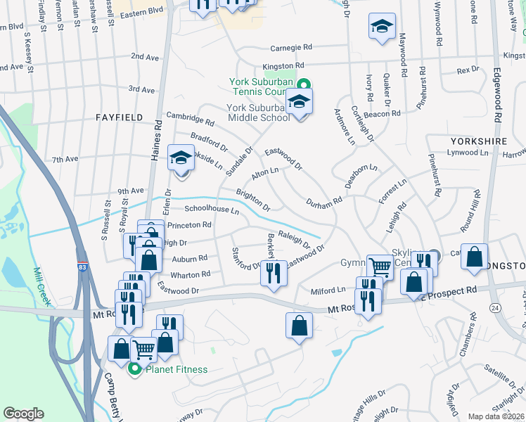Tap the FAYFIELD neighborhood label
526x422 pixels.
120,117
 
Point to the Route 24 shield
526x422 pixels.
495,308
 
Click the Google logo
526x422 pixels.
23,414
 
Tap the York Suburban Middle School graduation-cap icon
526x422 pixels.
300,103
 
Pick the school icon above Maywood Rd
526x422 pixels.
382,27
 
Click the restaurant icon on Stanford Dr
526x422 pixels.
274,272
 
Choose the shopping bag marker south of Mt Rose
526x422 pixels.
299,325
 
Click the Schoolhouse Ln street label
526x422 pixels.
212,210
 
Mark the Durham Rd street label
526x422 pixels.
323,202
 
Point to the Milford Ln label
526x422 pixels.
329,289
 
